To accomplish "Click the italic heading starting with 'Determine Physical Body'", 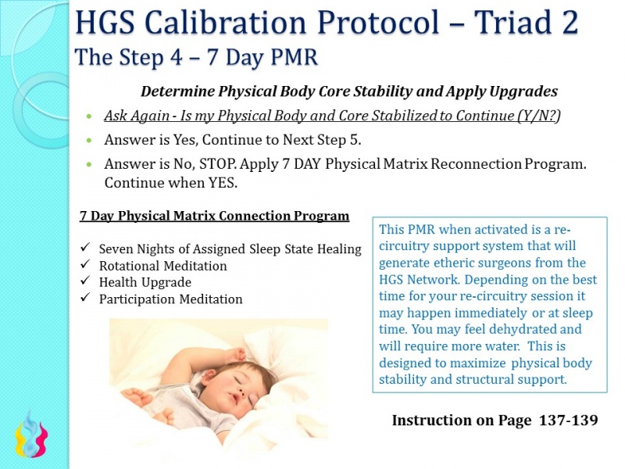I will click(x=348, y=91).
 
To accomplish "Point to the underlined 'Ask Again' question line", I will click(x=332, y=116).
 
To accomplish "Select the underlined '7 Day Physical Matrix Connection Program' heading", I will click(x=214, y=216).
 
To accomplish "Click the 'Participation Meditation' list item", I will click(x=170, y=299).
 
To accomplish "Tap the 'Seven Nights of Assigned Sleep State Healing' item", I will click(x=230, y=249).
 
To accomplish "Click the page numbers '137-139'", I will click(x=569, y=421).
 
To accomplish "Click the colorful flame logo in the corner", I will click(x=32, y=435).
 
